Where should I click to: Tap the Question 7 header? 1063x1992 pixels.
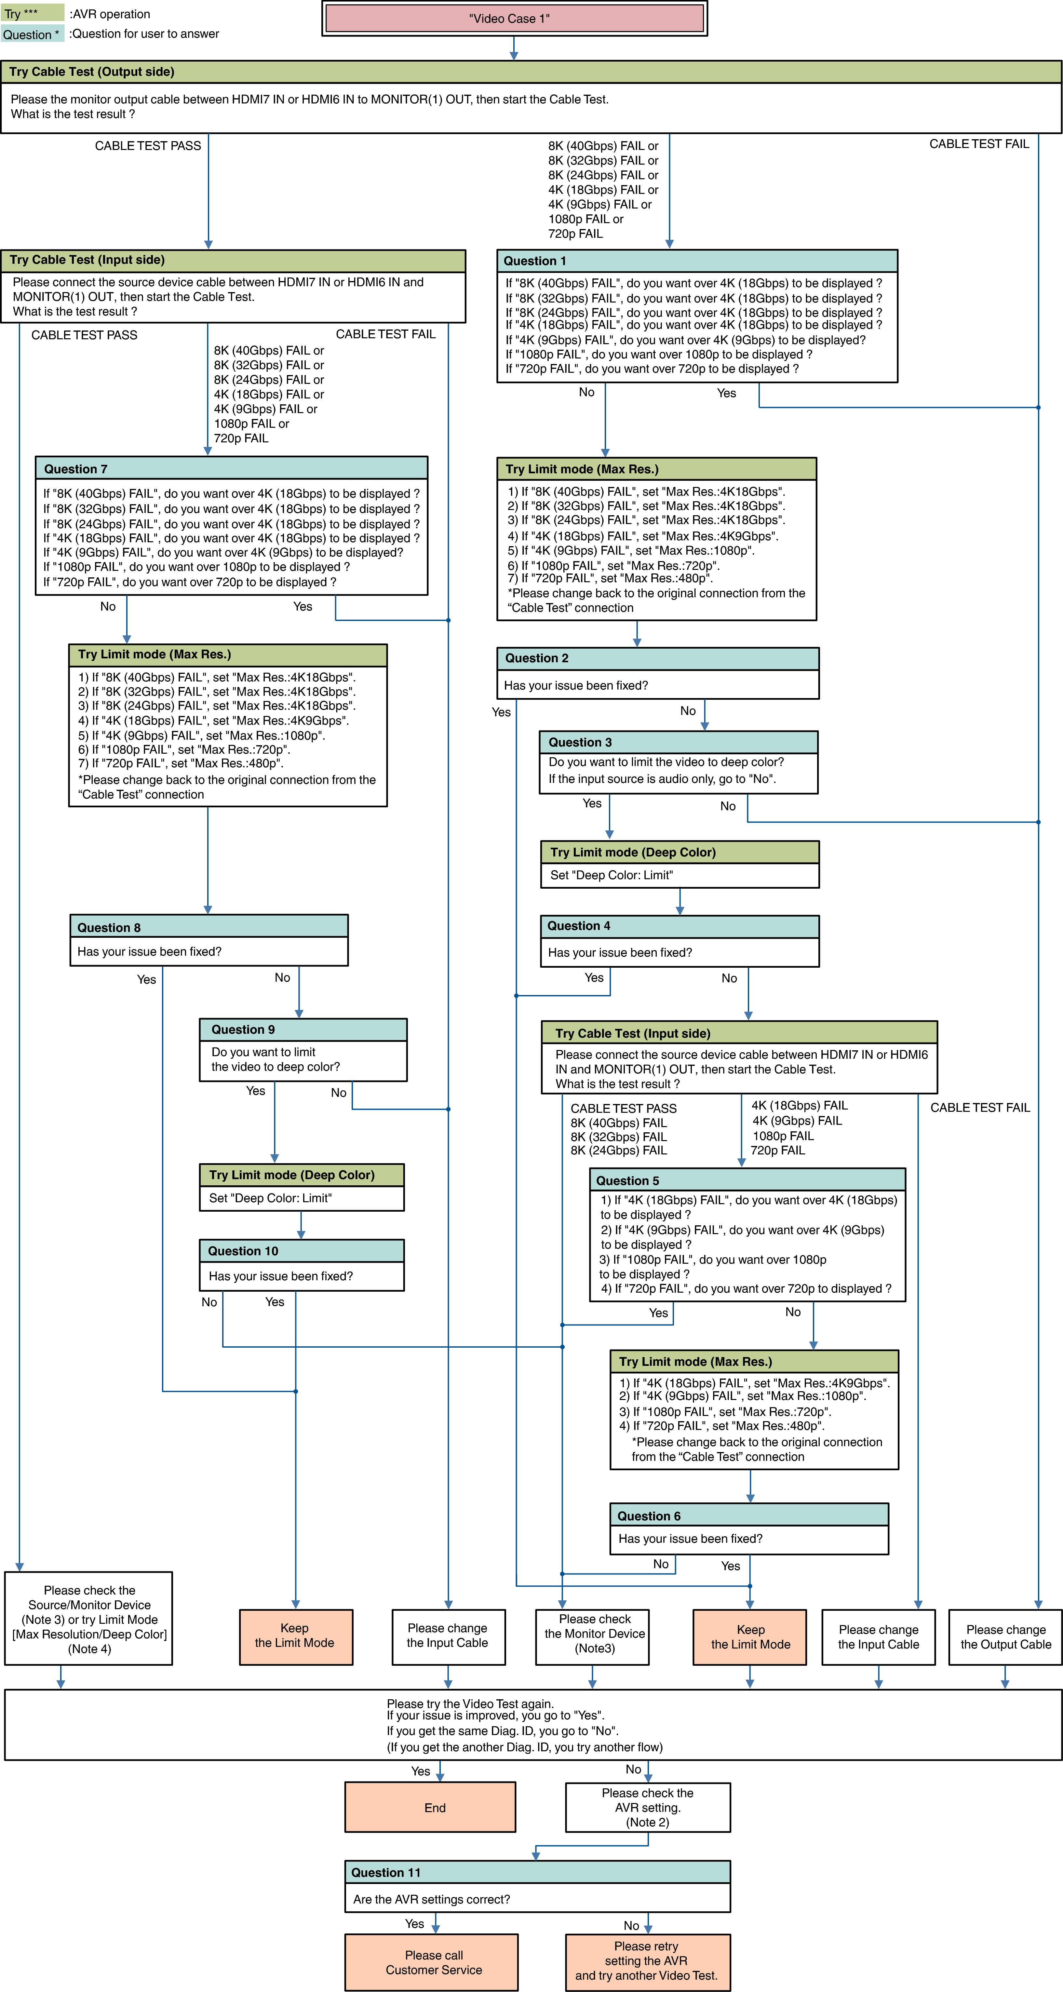point(231,469)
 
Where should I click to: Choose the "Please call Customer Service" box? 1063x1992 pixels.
point(431,1962)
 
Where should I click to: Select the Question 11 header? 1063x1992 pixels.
point(537,1872)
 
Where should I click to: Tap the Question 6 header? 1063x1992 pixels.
point(748,1516)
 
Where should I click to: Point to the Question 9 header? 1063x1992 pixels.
point(303,1029)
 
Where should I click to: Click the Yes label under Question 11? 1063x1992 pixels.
point(414,1923)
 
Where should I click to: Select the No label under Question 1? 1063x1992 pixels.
point(587,392)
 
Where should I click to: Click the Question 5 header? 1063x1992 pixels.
point(747,1180)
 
